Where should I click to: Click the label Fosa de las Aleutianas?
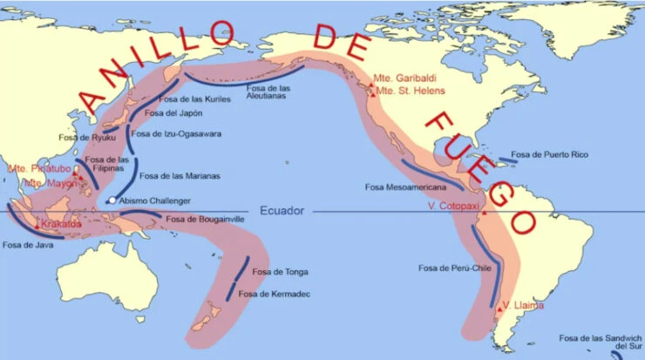click(289, 94)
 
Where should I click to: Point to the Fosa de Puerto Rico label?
click(549, 154)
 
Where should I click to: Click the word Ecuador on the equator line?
click(283, 211)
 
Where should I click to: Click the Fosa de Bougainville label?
click(205, 219)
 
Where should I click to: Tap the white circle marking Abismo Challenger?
click(112, 201)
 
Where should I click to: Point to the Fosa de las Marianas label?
click(179, 176)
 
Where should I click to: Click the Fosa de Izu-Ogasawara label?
click(175, 133)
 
